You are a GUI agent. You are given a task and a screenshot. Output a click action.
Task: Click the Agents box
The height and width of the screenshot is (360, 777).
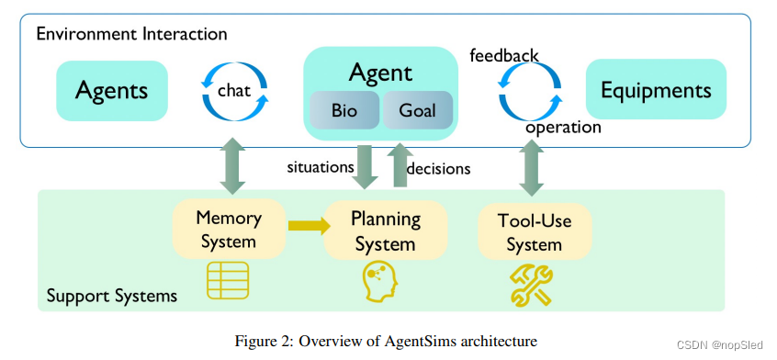point(111,90)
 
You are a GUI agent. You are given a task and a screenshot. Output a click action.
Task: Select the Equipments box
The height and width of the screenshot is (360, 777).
point(655,90)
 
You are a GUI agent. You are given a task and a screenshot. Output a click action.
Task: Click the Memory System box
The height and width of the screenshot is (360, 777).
point(228,230)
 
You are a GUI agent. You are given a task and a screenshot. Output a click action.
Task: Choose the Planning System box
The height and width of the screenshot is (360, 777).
point(385,231)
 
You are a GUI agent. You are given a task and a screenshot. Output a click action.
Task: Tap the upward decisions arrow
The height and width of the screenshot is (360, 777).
point(400,164)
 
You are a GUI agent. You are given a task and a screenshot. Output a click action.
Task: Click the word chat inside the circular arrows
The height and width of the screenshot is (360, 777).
point(234,90)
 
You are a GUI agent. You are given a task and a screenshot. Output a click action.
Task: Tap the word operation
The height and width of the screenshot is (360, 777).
point(562,128)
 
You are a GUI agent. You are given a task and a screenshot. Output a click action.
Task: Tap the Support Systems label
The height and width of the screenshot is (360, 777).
point(111,297)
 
